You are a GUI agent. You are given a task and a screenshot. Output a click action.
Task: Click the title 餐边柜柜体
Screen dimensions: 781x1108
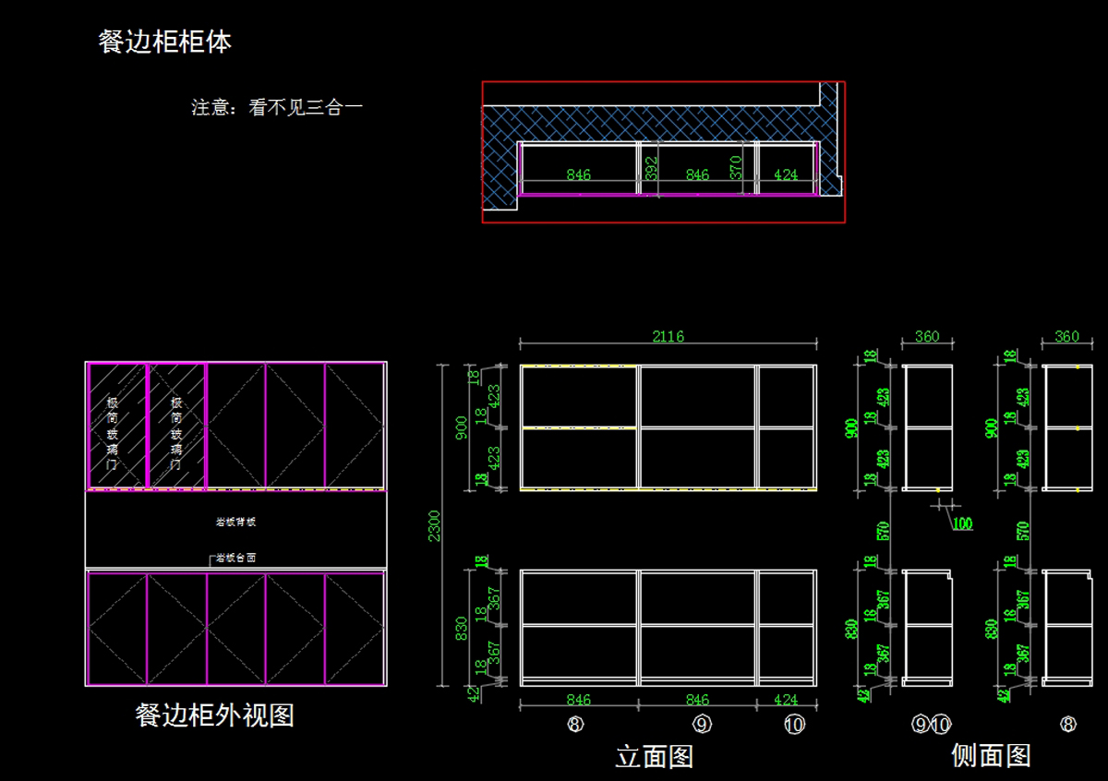tap(165, 42)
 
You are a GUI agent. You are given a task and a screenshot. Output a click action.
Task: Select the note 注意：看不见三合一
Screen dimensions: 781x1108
tap(277, 107)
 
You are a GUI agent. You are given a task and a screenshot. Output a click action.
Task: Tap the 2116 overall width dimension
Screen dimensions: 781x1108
tap(668, 336)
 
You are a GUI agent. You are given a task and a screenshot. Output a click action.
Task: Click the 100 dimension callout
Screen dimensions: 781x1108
tap(962, 523)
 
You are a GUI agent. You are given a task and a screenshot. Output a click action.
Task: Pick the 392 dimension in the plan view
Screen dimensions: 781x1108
tap(652, 169)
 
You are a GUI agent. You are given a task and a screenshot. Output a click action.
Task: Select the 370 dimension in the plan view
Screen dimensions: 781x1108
tap(736, 169)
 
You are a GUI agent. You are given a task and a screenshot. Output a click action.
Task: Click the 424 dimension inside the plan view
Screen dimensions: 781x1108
tap(785, 174)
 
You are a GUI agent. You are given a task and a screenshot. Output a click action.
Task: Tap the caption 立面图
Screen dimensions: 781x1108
tap(654, 757)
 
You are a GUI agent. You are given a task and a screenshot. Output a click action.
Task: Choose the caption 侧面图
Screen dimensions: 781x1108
tap(991, 755)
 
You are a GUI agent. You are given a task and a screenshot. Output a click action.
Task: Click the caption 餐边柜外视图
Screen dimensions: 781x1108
tap(214, 715)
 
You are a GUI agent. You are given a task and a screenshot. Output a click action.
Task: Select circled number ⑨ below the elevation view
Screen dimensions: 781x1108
tap(702, 725)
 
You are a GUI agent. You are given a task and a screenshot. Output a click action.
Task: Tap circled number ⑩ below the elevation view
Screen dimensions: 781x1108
tap(794, 725)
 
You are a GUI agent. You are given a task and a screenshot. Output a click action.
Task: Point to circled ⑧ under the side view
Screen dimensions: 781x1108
tap(1067, 725)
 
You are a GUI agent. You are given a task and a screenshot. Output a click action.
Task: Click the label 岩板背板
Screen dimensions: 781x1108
tap(235, 522)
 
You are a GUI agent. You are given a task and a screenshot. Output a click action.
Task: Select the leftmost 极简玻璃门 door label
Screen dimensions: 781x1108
tap(113, 434)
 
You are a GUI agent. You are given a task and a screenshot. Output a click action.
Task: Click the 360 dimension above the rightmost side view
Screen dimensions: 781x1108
tap(1066, 337)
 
